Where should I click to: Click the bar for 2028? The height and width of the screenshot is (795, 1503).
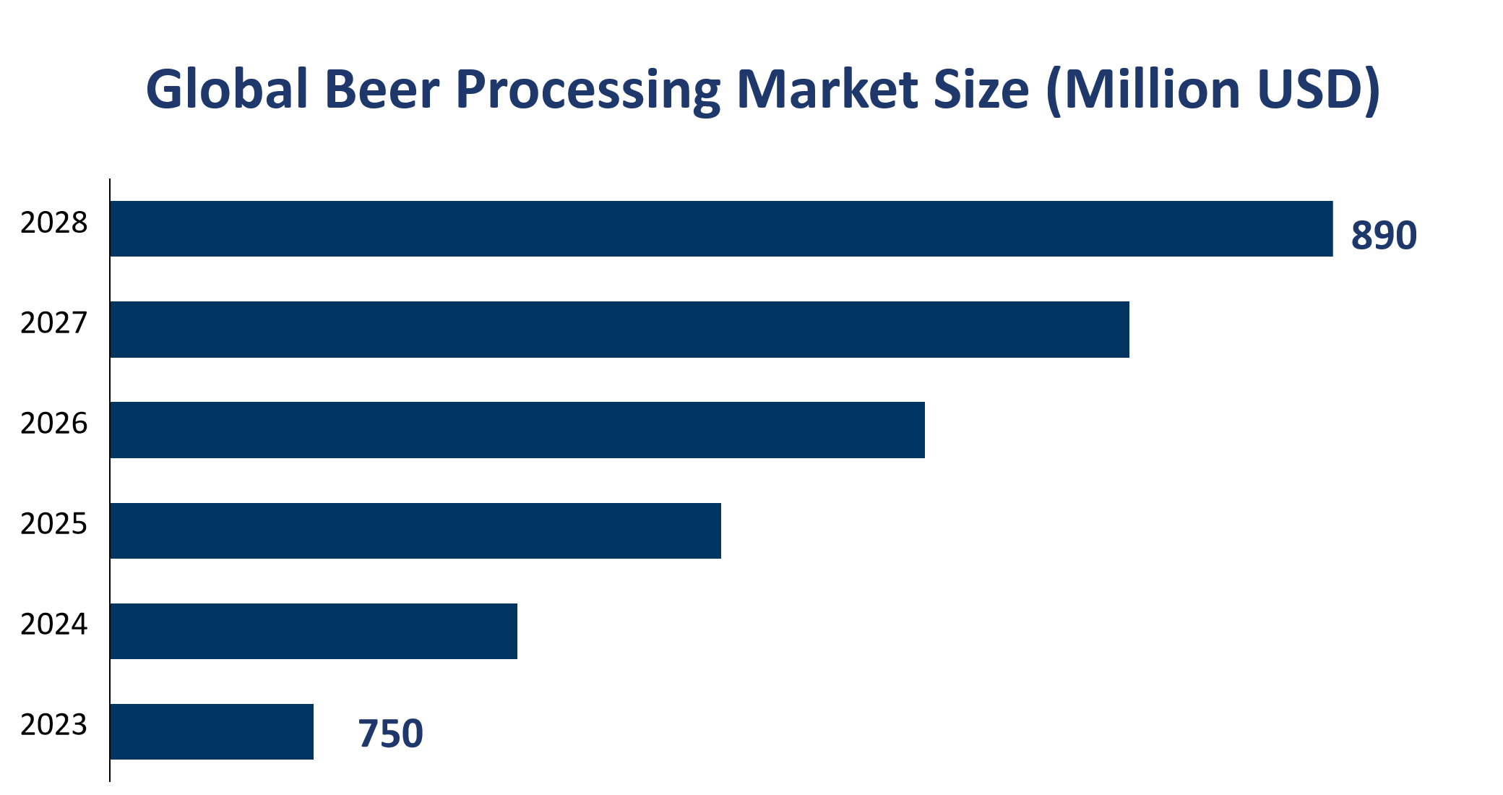click(x=721, y=228)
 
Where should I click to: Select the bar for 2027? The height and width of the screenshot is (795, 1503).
click(x=619, y=330)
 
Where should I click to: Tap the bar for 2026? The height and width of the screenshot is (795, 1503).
click(x=517, y=430)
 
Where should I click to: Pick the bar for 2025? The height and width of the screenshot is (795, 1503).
click(x=415, y=530)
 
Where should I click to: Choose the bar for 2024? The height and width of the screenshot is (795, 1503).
click(x=314, y=631)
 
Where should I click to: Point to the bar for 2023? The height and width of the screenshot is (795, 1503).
click(x=212, y=731)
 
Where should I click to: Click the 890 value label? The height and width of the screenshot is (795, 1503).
click(x=1384, y=236)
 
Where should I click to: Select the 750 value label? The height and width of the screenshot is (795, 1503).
click(x=390, y=734)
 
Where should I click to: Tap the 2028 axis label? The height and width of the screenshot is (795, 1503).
click(x=53, y=223)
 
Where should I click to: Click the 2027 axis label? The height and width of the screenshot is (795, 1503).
click(x=53, y=323)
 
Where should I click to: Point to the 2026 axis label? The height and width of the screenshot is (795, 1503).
click(x=53, y=424)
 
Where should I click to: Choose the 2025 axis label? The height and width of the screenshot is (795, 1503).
click(x=53, y=524)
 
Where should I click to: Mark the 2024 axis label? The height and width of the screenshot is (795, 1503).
click(x=53, y=624)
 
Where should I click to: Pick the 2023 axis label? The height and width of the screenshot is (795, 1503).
click(x=53, y=725)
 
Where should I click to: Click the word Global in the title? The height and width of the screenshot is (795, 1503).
click(x=227, y=90)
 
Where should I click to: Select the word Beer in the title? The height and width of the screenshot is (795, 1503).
click(x=382, y=90)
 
